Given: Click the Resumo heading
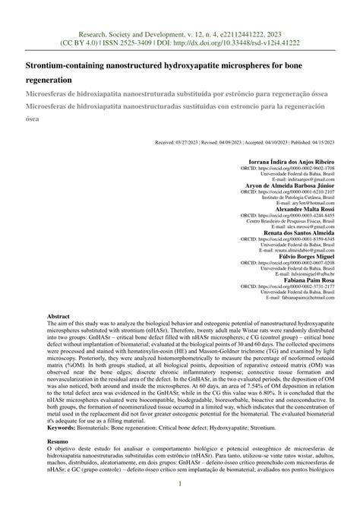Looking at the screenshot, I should pos(58,440).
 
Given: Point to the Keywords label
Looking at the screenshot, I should pos(65,428).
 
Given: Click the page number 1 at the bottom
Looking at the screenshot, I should pos(180,484).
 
